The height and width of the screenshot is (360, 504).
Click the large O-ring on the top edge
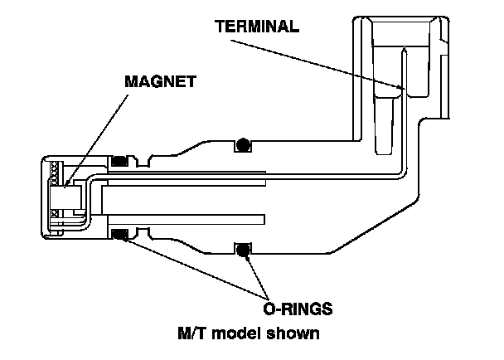coord(243,145)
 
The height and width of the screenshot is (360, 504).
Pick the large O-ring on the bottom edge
coord(243,248)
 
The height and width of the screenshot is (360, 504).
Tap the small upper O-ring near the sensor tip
coord(120,160)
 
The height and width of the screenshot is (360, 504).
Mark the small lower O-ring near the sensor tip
coord(120,235)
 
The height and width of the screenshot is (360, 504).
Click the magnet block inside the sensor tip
coord(70,198)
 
